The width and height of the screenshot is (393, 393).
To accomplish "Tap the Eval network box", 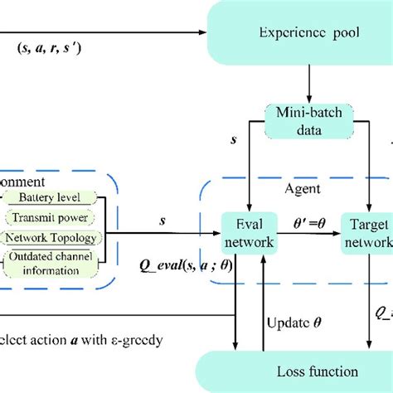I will click(x=248, y=233).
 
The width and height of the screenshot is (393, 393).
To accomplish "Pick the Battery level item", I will click(x=57, y=198).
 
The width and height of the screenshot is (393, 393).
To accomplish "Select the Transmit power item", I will click(x=57, y=218).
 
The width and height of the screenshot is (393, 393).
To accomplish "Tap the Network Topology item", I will click(x=57, y=237).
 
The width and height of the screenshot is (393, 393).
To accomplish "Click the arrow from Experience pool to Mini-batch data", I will click(x=308, y=86).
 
